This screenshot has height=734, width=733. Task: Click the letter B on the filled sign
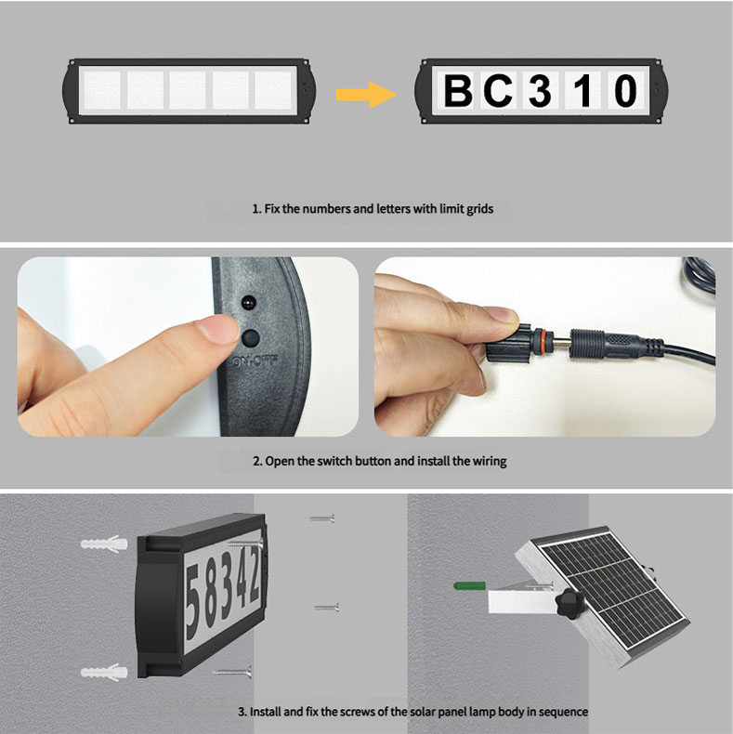pos(458,91)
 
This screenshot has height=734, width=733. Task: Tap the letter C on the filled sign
pos(498,90)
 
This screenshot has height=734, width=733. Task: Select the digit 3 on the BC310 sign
pos(540,90)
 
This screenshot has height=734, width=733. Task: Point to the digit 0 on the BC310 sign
pos(626,91)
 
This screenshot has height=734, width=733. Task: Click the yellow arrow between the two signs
pos(366,95)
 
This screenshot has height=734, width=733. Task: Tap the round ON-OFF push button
pos(251,337)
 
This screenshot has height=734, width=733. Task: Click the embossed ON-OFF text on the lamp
pos(255,360)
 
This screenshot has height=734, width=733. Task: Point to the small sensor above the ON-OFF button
pos(249,302)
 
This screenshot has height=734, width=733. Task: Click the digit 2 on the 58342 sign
pos(255,574)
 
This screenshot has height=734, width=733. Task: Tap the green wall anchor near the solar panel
pos(469,585)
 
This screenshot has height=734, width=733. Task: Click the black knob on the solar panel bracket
pos(569,604)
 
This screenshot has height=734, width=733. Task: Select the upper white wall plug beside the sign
pos(104,544)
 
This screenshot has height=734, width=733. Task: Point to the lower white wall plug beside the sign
pos(104,673)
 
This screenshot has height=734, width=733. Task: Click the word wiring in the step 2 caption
pos(490,462)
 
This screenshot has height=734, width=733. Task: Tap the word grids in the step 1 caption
pos(479,209)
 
